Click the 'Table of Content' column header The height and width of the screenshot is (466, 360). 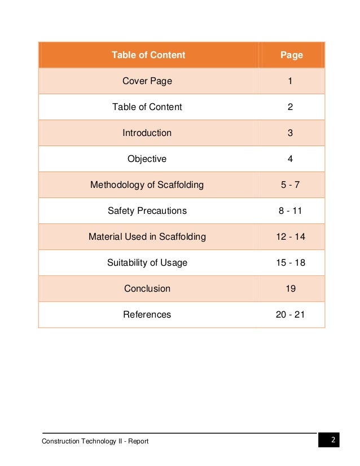point(148,55)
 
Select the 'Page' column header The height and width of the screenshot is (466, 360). point(291,55)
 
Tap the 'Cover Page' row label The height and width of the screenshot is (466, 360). point(147,81)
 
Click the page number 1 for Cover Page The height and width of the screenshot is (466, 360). point(290,81)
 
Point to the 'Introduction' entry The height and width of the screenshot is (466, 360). point(147,133)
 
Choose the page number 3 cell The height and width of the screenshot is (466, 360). point(290,133)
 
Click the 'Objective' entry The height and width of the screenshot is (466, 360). point(147,159)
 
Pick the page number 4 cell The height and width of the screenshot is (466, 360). point(290,159)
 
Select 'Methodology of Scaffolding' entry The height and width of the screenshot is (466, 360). point(147,185)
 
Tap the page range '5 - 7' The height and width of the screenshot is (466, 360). point(290,185)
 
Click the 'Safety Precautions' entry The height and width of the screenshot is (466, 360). point(147,211)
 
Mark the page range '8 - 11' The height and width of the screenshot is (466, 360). point(290,211)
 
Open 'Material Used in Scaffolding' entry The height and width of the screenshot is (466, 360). point(147,237)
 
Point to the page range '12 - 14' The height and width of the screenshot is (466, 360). point(290,237)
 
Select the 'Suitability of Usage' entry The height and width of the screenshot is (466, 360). point(147,263)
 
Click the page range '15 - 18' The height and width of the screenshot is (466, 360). point(290,263)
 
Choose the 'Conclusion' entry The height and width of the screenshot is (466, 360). point(147,289)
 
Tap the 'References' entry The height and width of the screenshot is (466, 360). point(147,315)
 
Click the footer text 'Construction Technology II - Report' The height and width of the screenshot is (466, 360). point(95,441)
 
